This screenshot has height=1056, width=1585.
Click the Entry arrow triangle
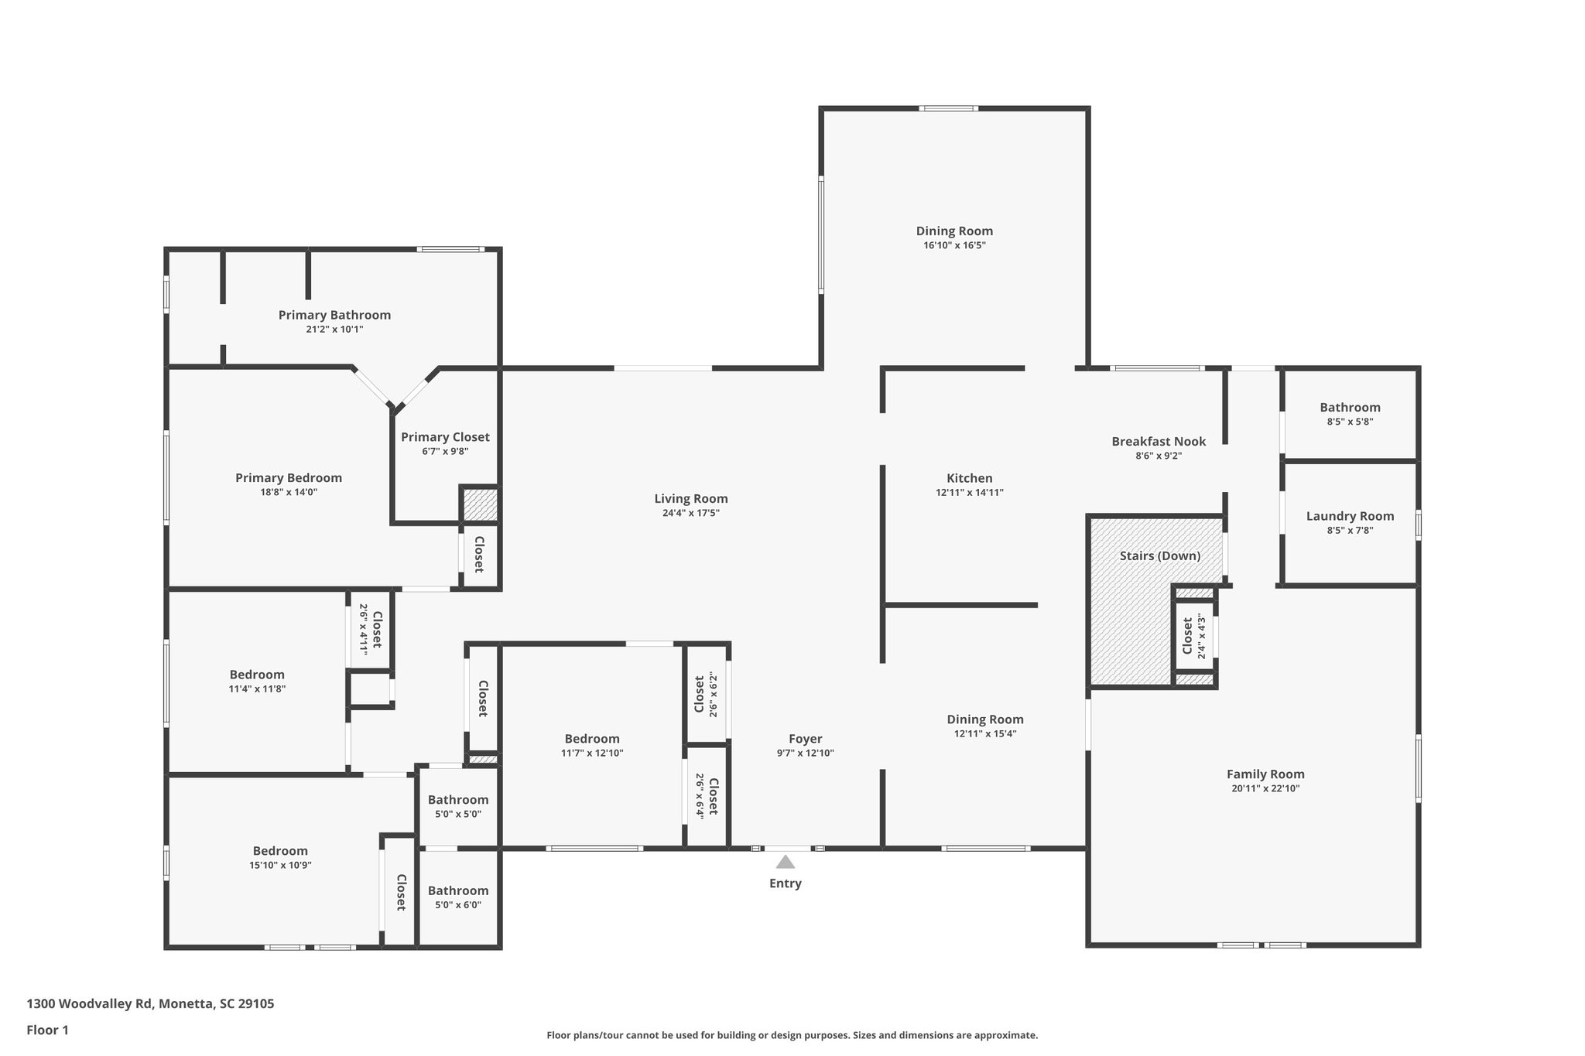[x=785, y=862]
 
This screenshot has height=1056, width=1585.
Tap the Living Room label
[x=690, y=499]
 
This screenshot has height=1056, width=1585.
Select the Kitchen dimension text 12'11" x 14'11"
[x=969, y=492]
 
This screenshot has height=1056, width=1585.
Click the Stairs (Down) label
[x=1159, y=555]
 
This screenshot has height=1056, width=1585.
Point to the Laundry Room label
[x=1350, y=516]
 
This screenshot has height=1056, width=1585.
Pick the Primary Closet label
[x=445, y=437]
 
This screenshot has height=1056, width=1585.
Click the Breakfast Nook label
[x=1159, y=441]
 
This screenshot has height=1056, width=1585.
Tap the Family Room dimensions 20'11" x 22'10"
[x=1265, y=788]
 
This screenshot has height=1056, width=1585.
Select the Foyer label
[x=805, y=739]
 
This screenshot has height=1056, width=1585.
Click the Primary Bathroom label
[x=334, y=315]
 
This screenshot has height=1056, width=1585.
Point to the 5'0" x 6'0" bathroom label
[x=458, y=890]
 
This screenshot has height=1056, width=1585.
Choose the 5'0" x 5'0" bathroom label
[x=458, y=800]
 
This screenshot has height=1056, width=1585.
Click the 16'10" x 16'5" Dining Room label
[x=953, y=231]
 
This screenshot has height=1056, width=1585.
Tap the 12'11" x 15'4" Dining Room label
[x=984, y=719]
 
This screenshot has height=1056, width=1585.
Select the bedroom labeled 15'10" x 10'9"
[x=280, y=851]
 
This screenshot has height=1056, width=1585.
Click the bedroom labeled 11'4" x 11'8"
[x=257, y=675]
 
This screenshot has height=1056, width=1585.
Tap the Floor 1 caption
[x=48, y=1030]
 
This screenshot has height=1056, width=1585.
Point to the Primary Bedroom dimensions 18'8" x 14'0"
[x=288, y=492]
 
